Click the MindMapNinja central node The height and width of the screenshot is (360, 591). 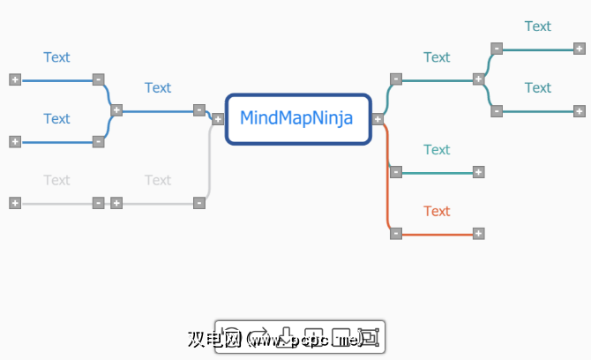click(x=297, y=118)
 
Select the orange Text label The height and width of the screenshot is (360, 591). click(x=437, y=211)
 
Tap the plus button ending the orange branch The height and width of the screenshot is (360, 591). click(x=478, y=233)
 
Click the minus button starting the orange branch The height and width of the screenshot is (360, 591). click(x=396, y=233)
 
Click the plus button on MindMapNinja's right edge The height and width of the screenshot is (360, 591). click(x=378, y=118)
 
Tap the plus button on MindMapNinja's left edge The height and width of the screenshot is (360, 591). click(x=217, y=118)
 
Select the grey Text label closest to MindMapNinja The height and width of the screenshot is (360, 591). click(x=158, y=180)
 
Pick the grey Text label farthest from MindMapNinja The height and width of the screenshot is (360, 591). click(x=56, y=180)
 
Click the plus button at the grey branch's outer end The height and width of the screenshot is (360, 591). click(x=15, y=202)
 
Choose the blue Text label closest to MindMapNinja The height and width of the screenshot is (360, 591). click(x=158, y=87)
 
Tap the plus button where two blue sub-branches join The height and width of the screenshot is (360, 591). click(x=116, y=110)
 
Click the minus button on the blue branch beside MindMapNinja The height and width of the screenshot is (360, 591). click(x=199, y=110)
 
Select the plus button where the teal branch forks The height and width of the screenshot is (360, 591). click(x=478, y=79)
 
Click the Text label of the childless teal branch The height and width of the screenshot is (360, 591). click(x=437, y=149)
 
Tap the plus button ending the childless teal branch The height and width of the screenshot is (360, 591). click(x=478, y=172)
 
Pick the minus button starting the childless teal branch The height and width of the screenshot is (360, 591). click(x=396, y=172)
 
